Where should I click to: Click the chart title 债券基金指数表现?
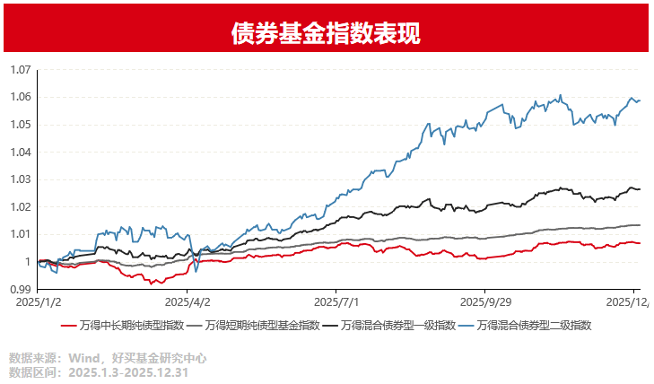point(326,32)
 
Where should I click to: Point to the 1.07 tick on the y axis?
point(20,70)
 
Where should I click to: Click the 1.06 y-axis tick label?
point(20,97)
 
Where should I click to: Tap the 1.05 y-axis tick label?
point(20,125)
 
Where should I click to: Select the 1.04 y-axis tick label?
point(20,152)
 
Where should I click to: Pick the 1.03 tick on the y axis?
point(20,179)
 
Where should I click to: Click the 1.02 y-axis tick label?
point(20,206)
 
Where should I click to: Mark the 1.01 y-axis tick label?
point(20,234)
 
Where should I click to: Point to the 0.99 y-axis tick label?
point(20,289)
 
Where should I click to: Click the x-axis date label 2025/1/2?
point(38,303)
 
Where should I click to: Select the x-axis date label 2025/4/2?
point(187,303)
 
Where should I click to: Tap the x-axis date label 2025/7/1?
point(336,303)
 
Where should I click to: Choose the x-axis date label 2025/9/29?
point(485,303)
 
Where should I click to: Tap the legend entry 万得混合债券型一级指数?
point(400,325)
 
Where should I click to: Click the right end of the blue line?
point(640,100)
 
